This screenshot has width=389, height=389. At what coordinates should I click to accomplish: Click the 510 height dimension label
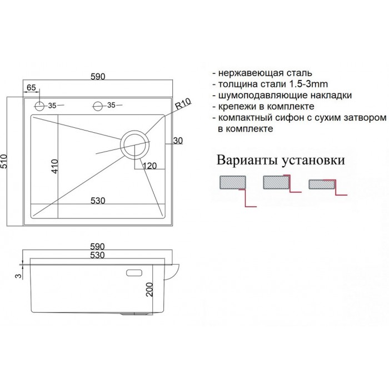coord(5,161)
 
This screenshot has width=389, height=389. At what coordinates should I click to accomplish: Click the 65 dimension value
coord(31,88)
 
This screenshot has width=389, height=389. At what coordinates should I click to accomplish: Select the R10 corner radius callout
coord(183,104)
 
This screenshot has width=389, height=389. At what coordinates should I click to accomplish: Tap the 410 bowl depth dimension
coord(54,166)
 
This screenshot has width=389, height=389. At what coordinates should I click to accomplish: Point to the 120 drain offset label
coord(149,166)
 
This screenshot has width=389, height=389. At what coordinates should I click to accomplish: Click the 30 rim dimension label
coord(178,141)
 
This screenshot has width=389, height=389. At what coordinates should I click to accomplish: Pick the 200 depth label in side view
coord(150,290)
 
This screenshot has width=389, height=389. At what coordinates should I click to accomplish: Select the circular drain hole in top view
coord(134,144)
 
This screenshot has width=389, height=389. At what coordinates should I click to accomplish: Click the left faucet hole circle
coord(39,106)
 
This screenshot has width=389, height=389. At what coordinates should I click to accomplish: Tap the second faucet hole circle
coord(97,106)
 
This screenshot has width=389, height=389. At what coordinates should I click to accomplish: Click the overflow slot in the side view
coord(134,273)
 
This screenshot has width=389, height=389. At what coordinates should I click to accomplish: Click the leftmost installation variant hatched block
coord(233,183)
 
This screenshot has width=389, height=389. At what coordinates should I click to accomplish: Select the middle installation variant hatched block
coord(276,182)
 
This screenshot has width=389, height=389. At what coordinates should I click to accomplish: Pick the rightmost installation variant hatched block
coord(322,184)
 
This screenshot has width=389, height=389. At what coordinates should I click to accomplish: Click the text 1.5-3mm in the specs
coord(308,84)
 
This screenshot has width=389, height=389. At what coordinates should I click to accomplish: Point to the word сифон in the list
coord(288,118)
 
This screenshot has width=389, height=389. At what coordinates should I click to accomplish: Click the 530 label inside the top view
coord(98,201)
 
